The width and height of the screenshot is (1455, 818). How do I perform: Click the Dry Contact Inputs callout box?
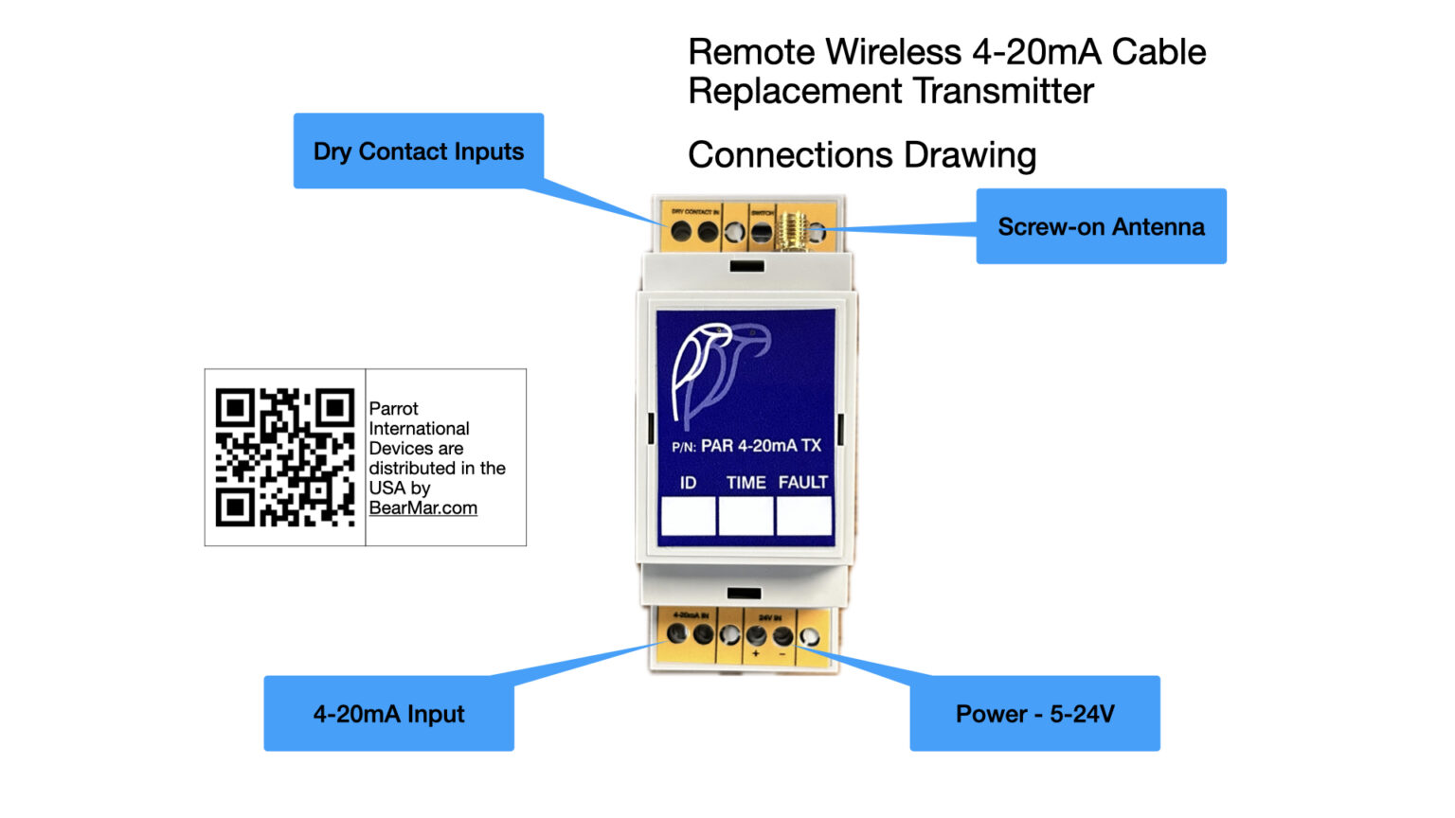point(418,151)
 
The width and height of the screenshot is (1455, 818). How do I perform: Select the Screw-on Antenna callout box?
point(1101,226)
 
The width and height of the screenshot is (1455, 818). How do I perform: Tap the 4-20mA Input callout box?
point(388,714)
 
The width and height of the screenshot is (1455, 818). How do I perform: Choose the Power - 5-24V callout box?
point(1034,714)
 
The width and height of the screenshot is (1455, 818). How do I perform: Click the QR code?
point(284,457)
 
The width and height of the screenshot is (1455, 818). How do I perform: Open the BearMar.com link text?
point(422,508)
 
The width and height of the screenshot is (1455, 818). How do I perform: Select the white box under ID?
point(688,517)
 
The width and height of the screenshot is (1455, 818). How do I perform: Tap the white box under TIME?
point(745,517)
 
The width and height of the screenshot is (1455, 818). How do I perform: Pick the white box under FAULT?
point(803,517)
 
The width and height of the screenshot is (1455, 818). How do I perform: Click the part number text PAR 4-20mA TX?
point(760,446)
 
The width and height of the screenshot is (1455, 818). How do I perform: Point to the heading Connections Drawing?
point(861,155)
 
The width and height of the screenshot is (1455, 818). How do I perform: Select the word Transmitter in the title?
point(1003,92)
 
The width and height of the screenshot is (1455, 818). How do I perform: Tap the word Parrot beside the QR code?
point(393,409)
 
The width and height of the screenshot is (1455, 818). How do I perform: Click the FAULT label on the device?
point(802,483)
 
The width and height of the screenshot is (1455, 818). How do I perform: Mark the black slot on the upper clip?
point(746,267)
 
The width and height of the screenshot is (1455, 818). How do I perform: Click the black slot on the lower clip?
point(744,594)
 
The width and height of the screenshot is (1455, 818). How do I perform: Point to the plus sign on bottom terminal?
point(755,654)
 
